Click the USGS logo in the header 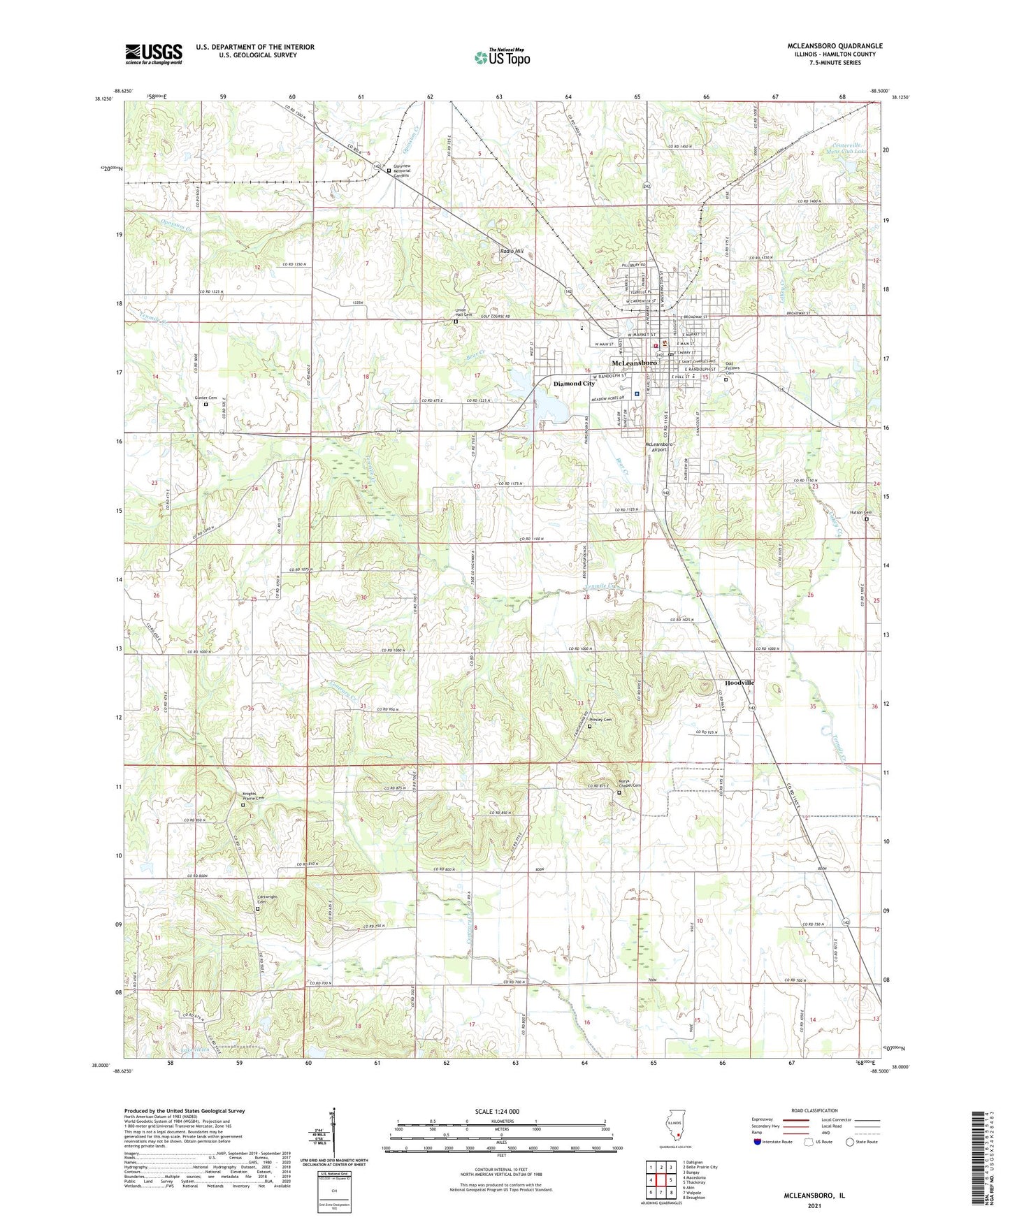tap(154, 54)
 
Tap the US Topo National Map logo tap(501, 57)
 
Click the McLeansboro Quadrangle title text tap(835, 46)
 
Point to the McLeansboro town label tap(634, 363)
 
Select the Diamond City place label tap(574, 384)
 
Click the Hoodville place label tap(740, 682)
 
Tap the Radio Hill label tap(512, 251)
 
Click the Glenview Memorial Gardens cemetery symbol tap(389, 170)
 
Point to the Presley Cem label tap(600, 720)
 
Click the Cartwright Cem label tap(263, 900)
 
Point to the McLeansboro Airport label tap(658, 447)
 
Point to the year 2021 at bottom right tap(814, 1205)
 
